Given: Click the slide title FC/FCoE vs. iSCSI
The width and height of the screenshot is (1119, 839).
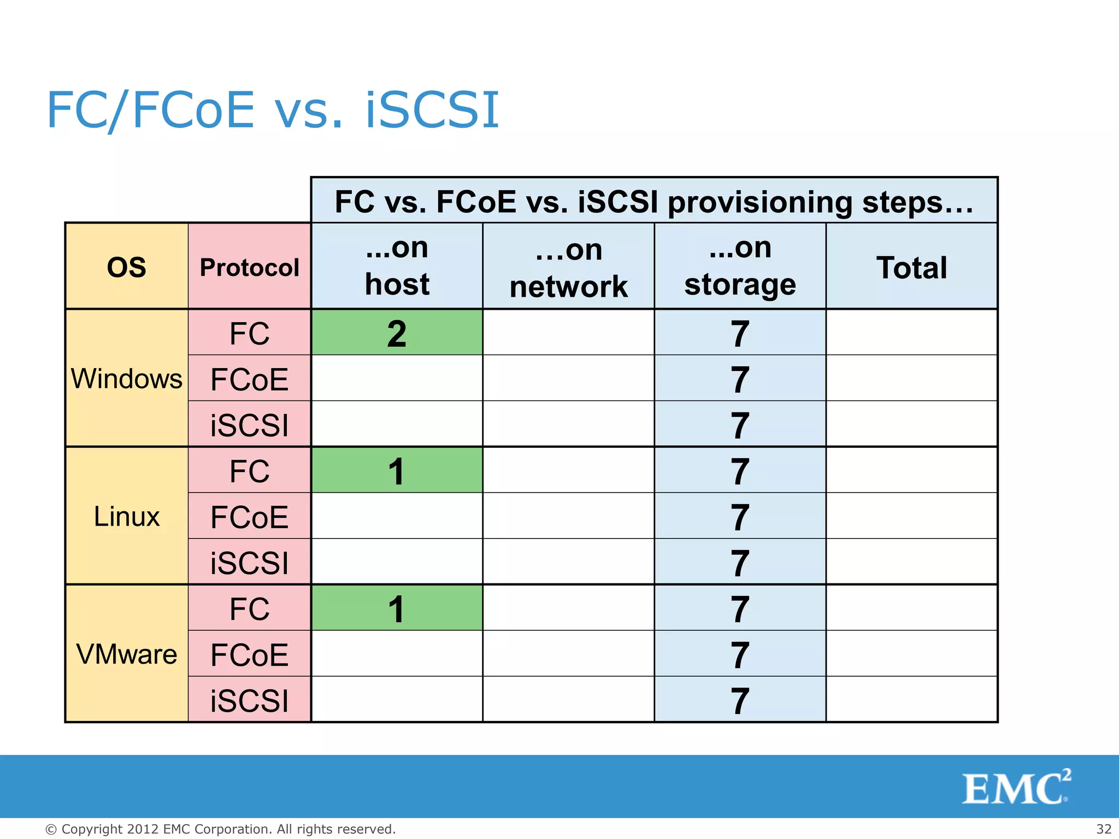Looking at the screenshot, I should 273,110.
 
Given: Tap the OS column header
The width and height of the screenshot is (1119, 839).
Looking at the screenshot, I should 127,267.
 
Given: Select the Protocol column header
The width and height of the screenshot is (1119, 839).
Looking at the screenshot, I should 250,267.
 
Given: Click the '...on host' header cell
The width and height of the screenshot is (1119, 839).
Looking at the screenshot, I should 397,266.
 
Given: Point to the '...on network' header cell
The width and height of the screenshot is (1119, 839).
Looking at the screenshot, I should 569,267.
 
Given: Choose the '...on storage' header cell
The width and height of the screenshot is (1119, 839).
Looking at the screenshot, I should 740,266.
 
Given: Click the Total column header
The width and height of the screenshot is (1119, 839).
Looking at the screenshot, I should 912,267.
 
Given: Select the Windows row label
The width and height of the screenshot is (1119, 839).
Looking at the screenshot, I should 127,379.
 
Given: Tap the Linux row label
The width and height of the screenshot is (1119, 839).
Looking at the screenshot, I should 127,516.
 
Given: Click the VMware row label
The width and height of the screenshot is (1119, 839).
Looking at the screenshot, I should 127,654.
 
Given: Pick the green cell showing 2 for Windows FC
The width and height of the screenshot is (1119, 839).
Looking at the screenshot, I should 397,333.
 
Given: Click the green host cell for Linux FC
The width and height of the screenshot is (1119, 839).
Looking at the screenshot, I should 397,470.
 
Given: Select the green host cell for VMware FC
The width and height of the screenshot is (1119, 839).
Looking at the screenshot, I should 397,608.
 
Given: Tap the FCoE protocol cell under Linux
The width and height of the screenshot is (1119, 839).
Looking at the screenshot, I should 250,516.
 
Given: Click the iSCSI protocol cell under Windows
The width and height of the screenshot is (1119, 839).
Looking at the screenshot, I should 250,424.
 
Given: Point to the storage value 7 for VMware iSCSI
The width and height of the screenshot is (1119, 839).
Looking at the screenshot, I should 740,700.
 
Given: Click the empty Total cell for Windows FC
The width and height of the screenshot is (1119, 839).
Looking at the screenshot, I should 912,333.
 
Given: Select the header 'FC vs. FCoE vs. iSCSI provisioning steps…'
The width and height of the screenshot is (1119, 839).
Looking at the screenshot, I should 654,201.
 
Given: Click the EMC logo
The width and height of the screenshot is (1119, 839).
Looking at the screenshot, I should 1016,787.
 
